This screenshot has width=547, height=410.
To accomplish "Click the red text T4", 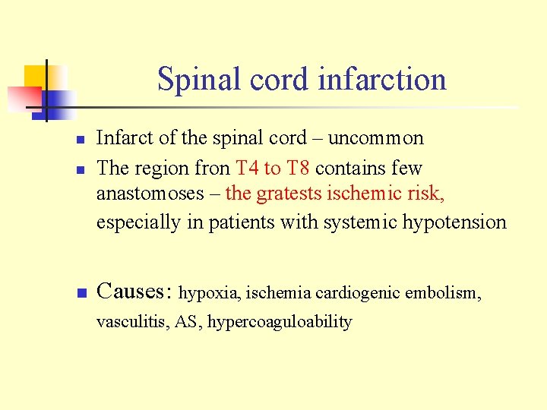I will click(248, 168).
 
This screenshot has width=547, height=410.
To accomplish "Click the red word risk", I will click(426, 194).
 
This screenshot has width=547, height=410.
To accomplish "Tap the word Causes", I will click(134, 291).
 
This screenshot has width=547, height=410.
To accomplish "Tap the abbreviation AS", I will click(186, 322).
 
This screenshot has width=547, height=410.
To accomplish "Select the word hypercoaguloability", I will click(280, 322).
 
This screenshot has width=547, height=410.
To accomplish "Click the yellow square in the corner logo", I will click(36, 77).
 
